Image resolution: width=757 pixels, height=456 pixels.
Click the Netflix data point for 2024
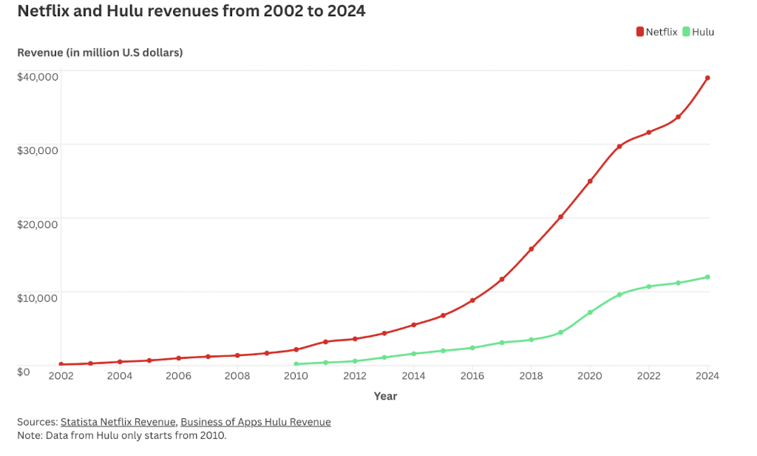pyautogui.click(x=707, y=78)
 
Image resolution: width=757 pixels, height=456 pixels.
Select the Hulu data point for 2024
pyautogui.click(x=707, y=277)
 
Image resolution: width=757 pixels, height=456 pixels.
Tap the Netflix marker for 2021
pyautogui.click(x=619, y=147)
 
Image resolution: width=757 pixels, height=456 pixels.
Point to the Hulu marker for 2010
pyautogui.click(x=296, y=364)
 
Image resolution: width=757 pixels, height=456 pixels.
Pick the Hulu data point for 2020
pyautogui.click(x=590, y=312)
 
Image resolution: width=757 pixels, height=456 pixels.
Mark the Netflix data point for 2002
pyautogui.click(x=61, y=364)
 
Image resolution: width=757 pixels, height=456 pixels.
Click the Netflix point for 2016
pyautogui.click(x=472, y=301)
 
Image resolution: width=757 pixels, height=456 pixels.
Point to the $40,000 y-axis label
pyautogui.click(x=38, y=76)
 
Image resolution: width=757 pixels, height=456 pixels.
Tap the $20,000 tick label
pyautogui.click(x=38, y=224)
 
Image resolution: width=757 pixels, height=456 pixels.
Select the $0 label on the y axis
pyautogui.click(x=24, y=371)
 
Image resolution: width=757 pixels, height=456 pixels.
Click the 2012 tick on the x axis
pyautogui.click(x=355, y=376)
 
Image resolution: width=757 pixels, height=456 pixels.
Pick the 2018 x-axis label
pyautogui.click(x=531, y=376)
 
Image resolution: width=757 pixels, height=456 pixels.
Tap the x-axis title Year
pyautogui.click(x=385, y=396)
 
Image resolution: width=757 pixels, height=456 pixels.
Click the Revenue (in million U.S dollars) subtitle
pyautogui.click(x=100, y=53)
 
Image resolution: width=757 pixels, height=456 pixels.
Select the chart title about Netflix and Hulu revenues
pyautogui.click(x=191, y=12)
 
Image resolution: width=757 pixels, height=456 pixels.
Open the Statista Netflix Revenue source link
pyautogui.click(x=118, y=422)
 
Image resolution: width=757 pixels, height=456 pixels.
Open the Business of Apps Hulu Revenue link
pyautogui.click(x=256, y=422)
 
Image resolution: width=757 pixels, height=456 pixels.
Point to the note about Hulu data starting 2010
pyautogui.click(x=122, y=435)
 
